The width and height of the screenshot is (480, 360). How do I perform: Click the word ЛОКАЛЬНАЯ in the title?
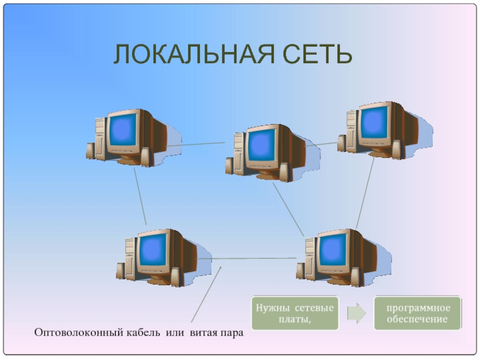tap(194, 54)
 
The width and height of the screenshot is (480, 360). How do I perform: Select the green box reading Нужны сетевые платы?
tap(295, 313)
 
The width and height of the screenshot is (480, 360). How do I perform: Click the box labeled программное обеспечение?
tap(418, 313)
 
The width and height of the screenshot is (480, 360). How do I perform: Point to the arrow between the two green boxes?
tap(356, 313)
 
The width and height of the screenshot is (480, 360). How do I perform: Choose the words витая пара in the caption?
tap(217, 333)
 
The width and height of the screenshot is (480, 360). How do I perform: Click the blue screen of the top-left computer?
tap(123, 130)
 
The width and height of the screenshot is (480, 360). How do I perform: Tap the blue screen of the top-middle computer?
tap(262, 145)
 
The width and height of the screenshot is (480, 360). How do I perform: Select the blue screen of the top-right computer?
tap(374, 123)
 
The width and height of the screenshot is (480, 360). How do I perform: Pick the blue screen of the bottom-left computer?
tap(153, 250)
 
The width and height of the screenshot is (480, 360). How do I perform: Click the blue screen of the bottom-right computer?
tap(333, 250)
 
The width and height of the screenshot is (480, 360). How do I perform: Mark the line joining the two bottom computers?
tap(247, 259)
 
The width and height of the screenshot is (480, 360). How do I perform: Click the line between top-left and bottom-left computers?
tap(140, 196)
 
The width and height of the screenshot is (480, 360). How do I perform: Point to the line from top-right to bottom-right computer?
tap(365, 193)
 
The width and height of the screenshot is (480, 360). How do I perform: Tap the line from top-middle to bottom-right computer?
tap(288, 209)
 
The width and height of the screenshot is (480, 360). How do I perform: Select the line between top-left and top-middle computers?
tap(196, 144)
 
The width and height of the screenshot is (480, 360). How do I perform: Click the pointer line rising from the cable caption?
tap(206, 294)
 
